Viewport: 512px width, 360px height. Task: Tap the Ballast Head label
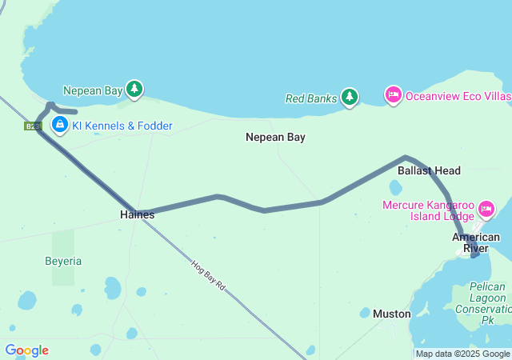[x=429, y=170]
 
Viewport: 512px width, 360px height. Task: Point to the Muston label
[x=391, y=314]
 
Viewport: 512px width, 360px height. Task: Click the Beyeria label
[x=63, y=262]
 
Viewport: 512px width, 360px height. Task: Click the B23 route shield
[x=32, y=126]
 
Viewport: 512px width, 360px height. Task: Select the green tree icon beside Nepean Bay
[x=135, y=90]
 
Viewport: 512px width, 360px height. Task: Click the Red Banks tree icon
[x=349, y=98]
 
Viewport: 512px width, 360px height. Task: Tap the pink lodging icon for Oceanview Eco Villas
[x=393, y=95]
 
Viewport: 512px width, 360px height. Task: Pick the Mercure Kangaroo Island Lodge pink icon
[x=486, y=210]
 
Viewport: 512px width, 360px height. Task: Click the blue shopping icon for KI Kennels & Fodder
[x=59, y=125]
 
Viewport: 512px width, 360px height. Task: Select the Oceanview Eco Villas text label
[x=458, y=96]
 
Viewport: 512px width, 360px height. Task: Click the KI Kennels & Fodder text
[x=122, y=126]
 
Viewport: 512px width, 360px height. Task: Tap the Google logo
[x=26, y=350]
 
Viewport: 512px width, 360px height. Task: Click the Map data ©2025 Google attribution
[x=462, y=354]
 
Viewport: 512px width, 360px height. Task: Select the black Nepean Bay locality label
[x=275, y=138]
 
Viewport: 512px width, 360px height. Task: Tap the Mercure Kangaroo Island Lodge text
[x=428, y=210]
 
